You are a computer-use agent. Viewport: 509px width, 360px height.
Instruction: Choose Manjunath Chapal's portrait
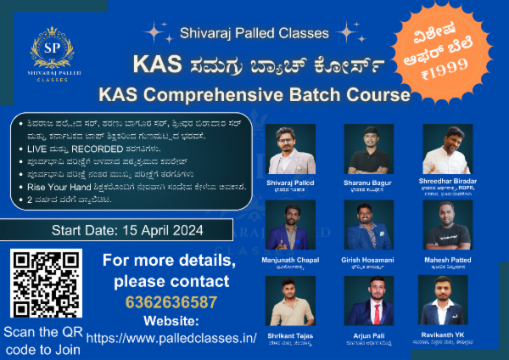click(x=291, y=224)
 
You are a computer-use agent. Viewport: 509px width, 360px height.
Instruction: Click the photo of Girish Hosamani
click(x=368, y=224)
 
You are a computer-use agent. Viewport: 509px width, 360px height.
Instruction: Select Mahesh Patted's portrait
click(x=447, y=224)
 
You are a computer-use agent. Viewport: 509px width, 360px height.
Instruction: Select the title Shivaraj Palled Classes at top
click(x=255, y=35)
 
